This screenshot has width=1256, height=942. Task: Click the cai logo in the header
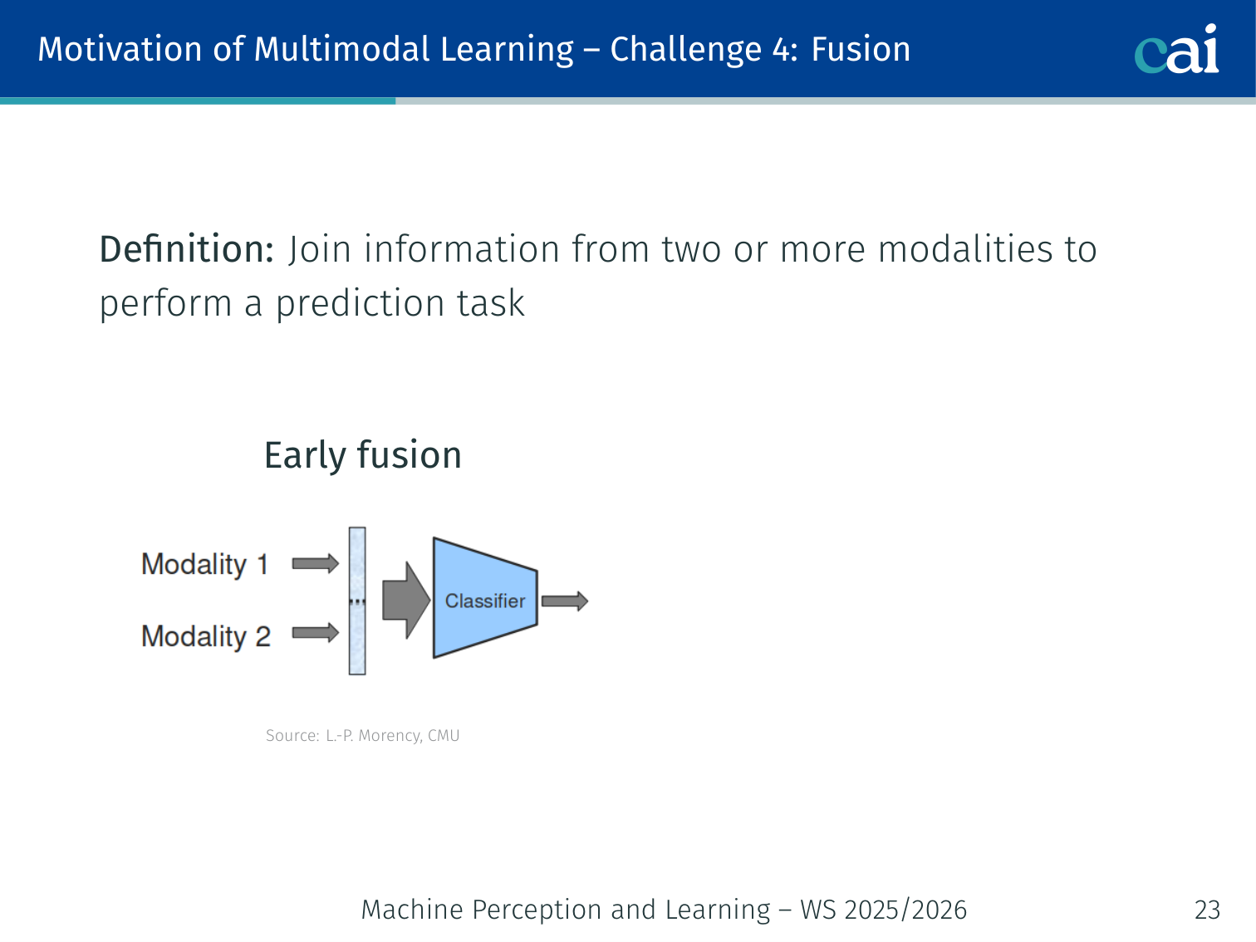[x=1176, y=49]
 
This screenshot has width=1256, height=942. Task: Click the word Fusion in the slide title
[x=861, y=49]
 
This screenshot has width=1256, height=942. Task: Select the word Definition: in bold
[x=187, y=249]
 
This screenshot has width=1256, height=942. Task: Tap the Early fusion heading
[x=363, y=456]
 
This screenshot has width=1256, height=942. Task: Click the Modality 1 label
[x=205, y=565]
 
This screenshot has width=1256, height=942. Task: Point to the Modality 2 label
[x=206, y=636]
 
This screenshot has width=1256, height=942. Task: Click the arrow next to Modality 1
[x=316, y=563]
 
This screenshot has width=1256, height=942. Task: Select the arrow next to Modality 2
[x=316, y=633]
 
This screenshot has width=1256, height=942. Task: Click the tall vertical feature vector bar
[x=357, y=601]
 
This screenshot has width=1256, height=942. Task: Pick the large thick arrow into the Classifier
[x=406, y=601]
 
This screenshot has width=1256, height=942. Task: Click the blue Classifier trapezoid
[x=485, y=598]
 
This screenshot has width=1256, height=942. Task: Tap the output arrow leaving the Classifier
[x=565, y=601]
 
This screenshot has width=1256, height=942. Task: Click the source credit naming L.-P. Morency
[x=362, y=735]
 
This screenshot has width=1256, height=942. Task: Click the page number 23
[x=1207, y=910]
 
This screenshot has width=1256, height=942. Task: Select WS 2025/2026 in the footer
[x=884, y=910]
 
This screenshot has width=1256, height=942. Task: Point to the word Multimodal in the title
[x=342, y=49]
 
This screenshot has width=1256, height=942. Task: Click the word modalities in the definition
[x=964, y=249]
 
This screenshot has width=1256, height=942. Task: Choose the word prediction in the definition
[x=361, y=303]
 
